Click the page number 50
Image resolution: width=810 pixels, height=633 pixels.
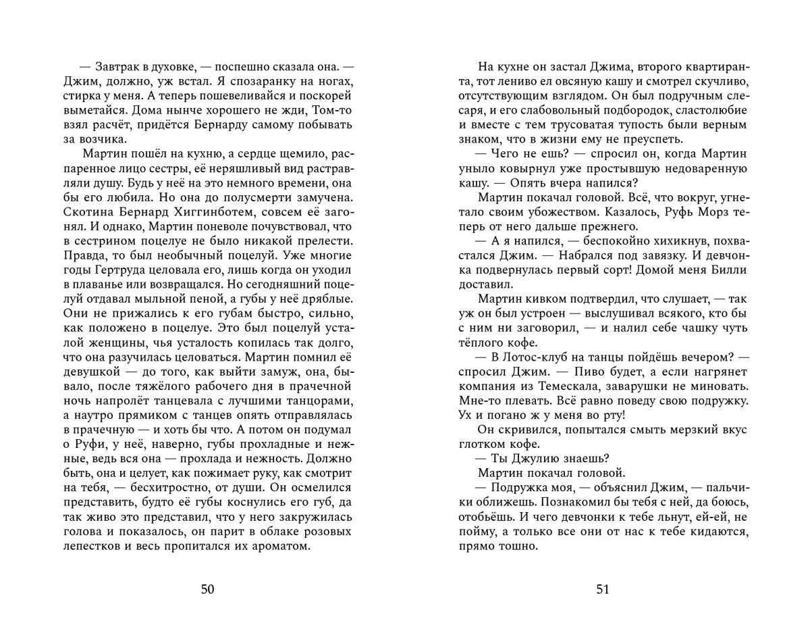tap(207, 589)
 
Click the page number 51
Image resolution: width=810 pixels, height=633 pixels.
tap(603, 589)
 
